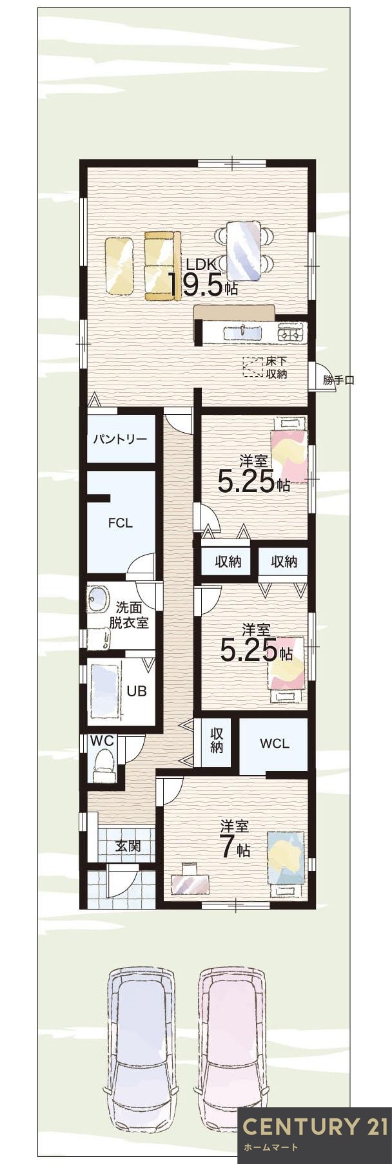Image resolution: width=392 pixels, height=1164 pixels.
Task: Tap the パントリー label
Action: tap(120, 439)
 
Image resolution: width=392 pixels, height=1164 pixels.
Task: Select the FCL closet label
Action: tap(120, 522)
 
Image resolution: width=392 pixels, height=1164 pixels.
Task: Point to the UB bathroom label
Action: tap(136, 691)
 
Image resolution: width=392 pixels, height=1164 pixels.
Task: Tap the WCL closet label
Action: tap(274, 743)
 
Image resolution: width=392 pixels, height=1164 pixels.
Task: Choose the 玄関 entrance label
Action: tap(128, 846)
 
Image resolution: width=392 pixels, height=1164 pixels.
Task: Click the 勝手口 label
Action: tap(338, 380)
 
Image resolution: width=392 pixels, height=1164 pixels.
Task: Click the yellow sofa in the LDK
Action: tap(159, 266)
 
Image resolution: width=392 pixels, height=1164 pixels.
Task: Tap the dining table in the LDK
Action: tap(244, 251)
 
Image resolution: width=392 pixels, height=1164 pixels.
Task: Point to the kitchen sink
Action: tap(242, 333)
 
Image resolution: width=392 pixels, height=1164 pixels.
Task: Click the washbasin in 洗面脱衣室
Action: tap(99, 599)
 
